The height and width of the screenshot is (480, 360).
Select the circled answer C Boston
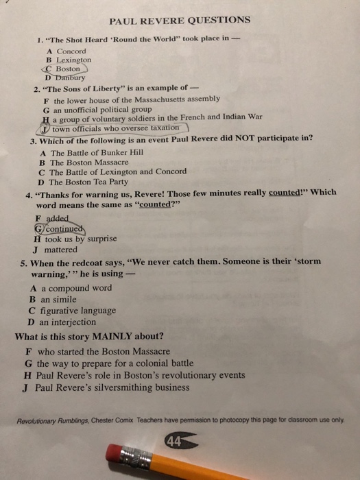coord(64,69)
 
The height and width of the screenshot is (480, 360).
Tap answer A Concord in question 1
coord(67,51)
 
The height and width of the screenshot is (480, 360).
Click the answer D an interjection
coord(62,322)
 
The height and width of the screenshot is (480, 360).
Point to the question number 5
coord(24,263)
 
